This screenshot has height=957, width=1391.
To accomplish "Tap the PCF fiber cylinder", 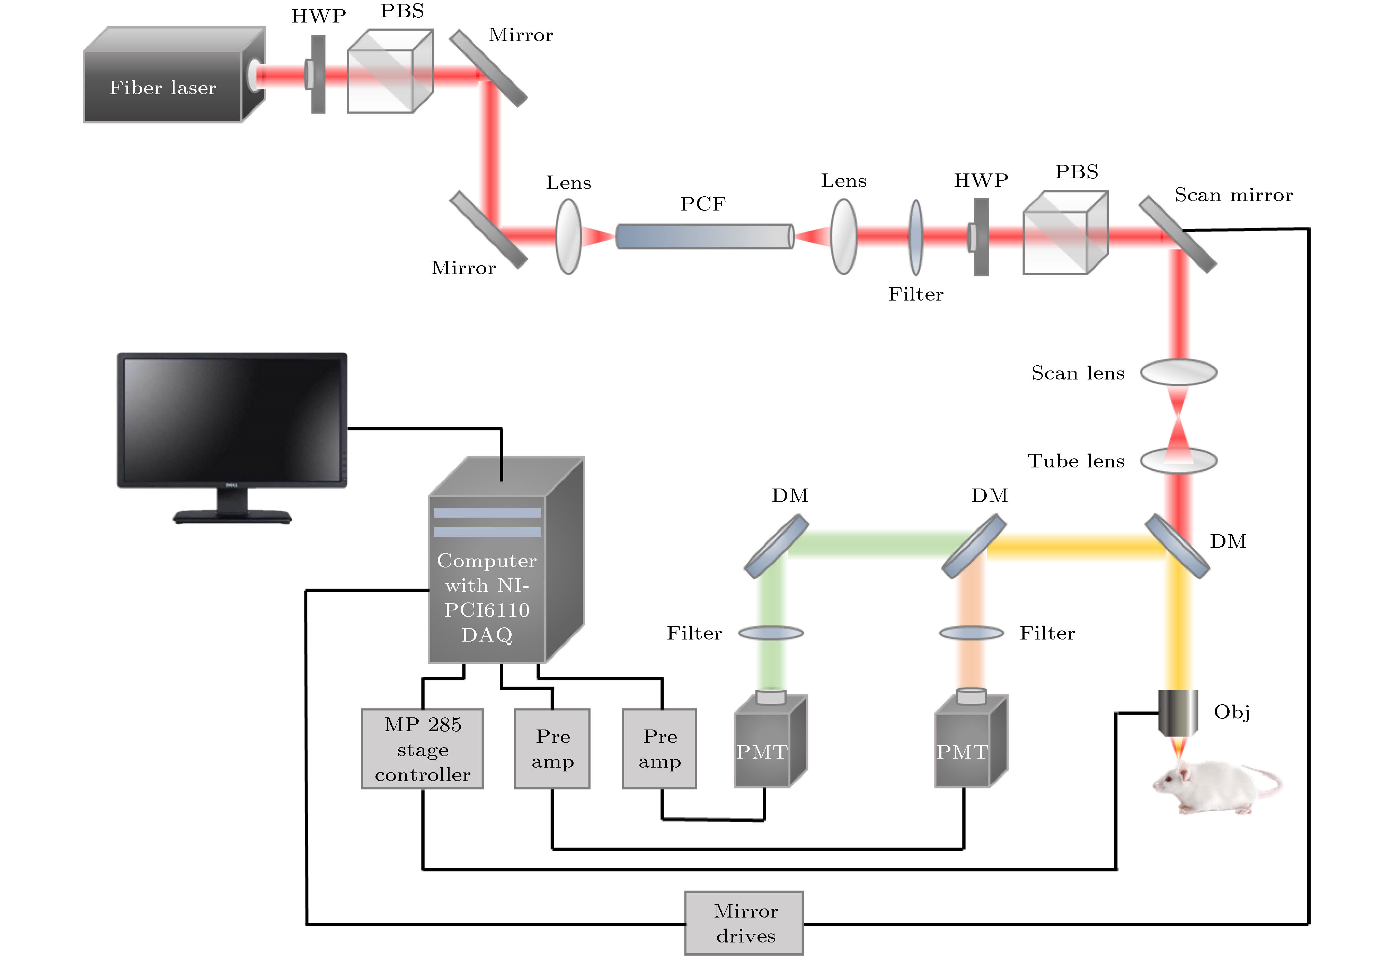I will (705, 236).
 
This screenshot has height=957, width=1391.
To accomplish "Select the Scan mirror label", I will (1233, 195).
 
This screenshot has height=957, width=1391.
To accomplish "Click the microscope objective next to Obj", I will (1177, 712).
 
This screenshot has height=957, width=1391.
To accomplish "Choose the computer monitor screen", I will (232, 420).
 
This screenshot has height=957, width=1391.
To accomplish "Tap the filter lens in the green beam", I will (771, 633).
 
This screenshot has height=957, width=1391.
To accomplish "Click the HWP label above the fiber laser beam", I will (319, 16).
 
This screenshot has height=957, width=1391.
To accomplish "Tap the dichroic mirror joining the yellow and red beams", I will (1177, 546).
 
